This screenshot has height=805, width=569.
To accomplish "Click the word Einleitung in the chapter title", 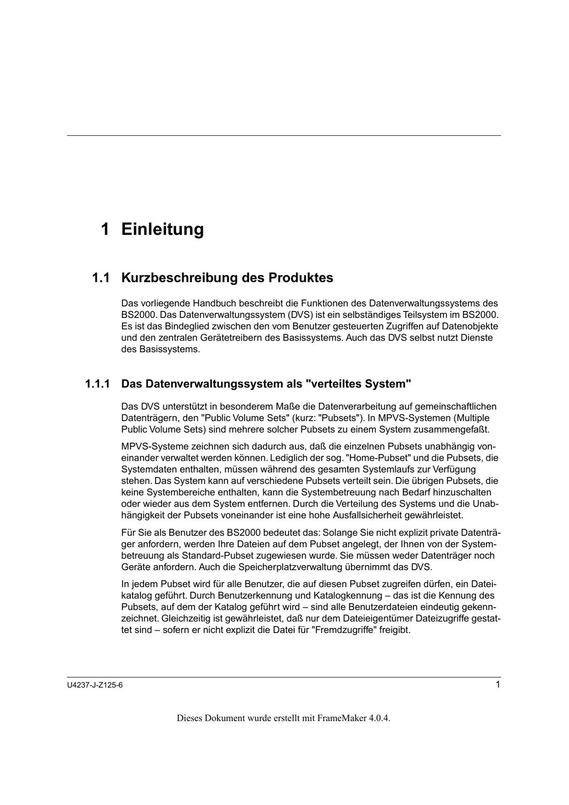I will (x=163, y=229).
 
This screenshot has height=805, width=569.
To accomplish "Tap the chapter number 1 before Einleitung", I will (x=105, y=229).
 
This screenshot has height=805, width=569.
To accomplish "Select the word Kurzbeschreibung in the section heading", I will (x=180, y=278).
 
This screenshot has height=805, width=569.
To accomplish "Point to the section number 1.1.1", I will (x=97, y=384).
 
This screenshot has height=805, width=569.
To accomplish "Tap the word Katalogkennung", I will (x=350, y=596).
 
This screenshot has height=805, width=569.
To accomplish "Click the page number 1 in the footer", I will (x=497, y=685).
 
